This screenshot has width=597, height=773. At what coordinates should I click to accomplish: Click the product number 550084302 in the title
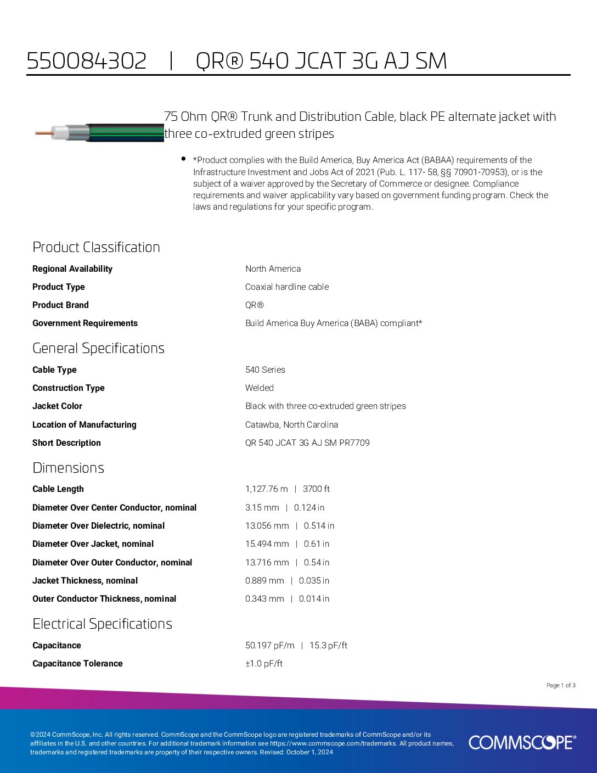coord(87,61)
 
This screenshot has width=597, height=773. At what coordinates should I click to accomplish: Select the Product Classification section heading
coord(96,247)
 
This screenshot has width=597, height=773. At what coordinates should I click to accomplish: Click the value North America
coord(273,268)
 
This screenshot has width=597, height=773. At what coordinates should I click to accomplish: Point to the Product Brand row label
coord(60,305)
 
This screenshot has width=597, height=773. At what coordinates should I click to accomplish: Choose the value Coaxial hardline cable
coord(287,287)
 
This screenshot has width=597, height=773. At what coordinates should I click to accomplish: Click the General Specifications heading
coord(98,348)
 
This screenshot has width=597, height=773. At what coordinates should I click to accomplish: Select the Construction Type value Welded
coord(260,388)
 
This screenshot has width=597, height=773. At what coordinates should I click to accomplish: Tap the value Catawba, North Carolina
coord(291,424)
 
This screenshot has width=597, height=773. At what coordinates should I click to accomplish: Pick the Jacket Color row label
coord(57,406)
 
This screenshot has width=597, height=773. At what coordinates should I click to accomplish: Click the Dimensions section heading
coord(68,468)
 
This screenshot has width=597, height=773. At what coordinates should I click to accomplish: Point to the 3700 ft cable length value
coord(316,489)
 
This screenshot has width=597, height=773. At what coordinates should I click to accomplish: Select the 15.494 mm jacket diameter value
coord(267,544)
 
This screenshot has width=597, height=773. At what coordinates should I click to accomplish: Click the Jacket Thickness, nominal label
coord(85,580)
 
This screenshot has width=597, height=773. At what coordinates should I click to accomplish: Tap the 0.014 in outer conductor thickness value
coord(314,598)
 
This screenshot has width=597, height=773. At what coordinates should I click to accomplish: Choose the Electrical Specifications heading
coord(102,624)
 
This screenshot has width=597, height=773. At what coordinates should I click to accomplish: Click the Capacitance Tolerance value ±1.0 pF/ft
coord(264,663)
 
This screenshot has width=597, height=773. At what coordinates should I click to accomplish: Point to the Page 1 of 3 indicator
coord(561,685)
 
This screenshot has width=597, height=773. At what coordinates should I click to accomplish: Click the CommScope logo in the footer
coord(522,742)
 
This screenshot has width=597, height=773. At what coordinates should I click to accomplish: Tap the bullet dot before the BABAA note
coord(183,159)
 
